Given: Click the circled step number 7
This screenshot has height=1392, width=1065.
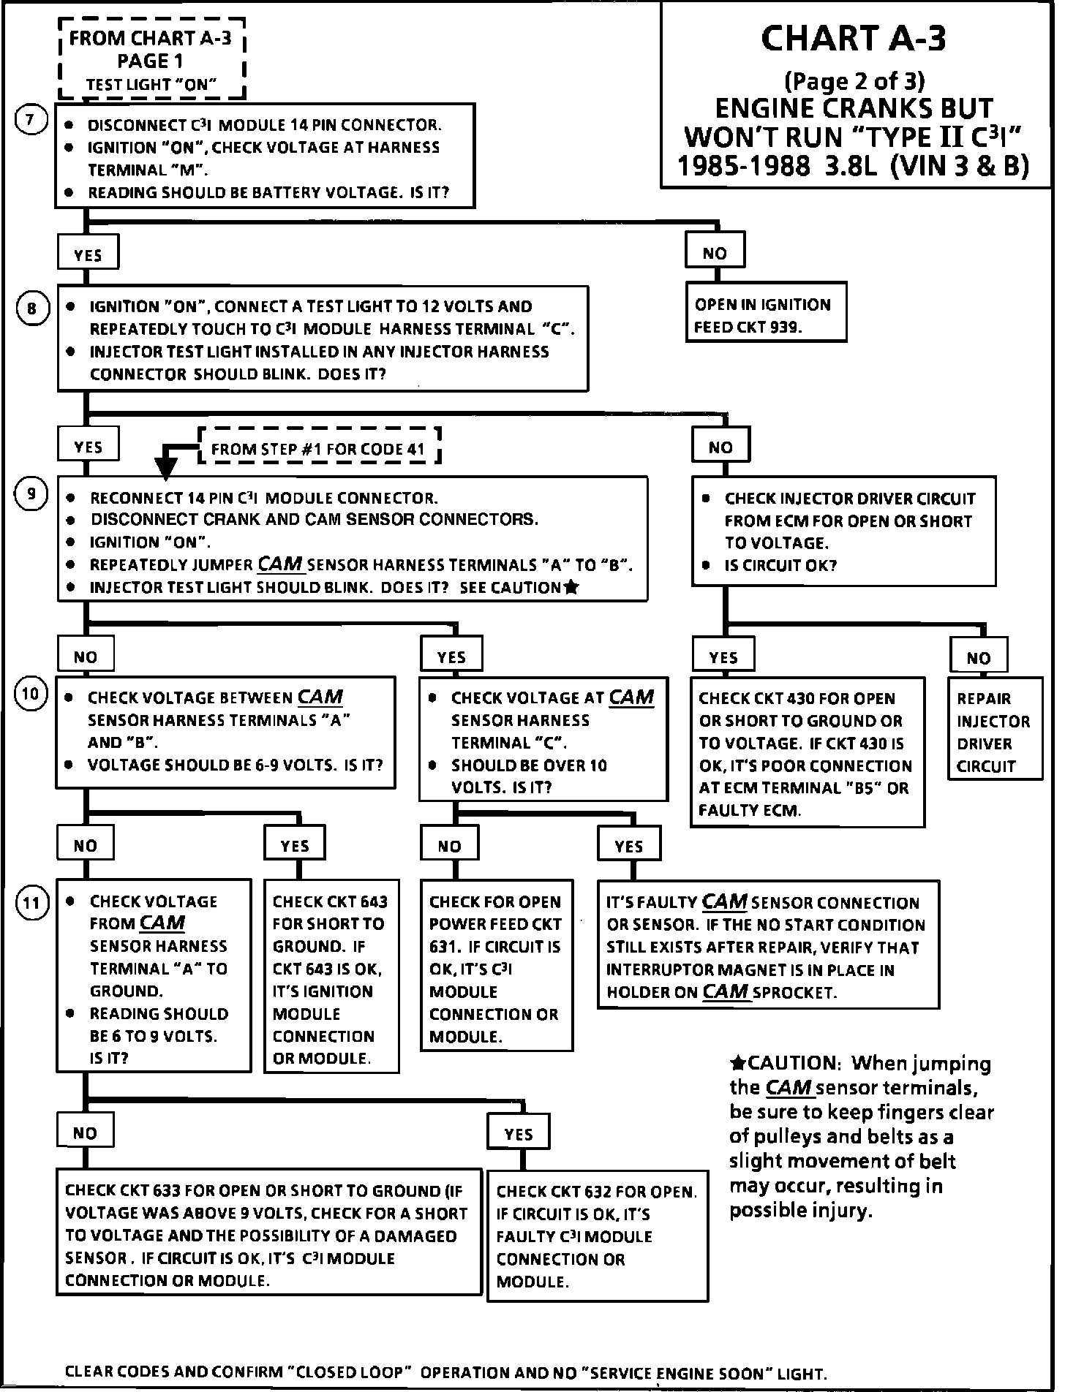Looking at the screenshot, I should (x=31, y=120).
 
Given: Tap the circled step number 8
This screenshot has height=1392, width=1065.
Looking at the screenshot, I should (x=31, y=309).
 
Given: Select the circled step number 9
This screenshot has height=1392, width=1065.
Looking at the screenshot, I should (x=31, y=494).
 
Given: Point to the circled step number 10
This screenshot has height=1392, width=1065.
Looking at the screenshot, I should (x=31, y=692).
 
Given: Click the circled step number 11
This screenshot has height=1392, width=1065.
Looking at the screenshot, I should (x=31, y=903).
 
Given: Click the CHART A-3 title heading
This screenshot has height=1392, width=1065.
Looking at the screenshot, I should (x=853, y=39).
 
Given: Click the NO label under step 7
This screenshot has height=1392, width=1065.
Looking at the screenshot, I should (x=715, y=253).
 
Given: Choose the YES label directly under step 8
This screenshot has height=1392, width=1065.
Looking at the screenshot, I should (x=88, y=447).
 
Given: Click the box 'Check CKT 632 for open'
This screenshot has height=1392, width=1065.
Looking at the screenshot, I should (x=597, y=1236).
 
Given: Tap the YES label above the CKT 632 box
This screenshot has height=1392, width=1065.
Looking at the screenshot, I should (x=519, y=1134).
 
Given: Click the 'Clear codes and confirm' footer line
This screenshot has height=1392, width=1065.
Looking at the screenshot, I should (x=445, y=1373).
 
